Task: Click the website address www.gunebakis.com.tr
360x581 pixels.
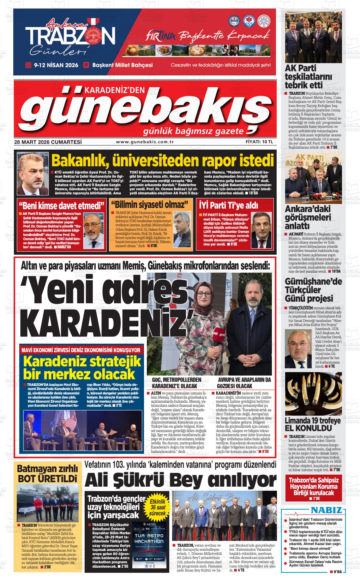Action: pyautogui.click(x=145, y=142)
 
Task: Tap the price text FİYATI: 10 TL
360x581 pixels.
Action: pyautogui.click(x=259, y=142)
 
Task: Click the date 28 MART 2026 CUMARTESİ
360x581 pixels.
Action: pyautogui.click(x=48, y=142)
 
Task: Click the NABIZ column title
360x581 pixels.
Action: pyautogui.click(x=326, y=511)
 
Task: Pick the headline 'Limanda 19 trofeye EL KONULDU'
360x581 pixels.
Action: pyautogui.click(x=313, y=424)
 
